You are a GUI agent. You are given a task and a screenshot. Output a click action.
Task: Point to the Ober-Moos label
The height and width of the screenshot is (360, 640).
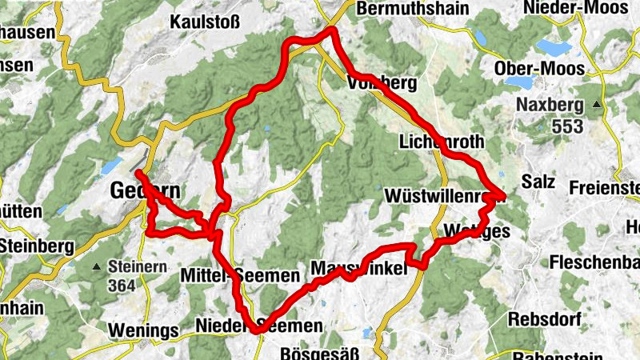539,68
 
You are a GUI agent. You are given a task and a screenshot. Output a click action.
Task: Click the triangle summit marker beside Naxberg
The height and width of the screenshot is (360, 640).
596,105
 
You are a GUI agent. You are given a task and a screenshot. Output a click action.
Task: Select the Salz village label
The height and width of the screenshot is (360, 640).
538,182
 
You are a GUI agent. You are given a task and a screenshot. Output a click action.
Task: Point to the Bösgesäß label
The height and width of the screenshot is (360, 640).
318,352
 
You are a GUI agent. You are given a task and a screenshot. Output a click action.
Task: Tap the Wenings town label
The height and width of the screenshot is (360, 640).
140,330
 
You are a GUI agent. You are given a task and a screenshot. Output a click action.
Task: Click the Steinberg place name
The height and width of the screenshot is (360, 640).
34,244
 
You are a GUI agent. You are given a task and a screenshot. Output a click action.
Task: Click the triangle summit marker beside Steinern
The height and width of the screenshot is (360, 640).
97,266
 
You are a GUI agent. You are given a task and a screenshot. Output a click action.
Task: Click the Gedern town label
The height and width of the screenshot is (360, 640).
145,192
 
